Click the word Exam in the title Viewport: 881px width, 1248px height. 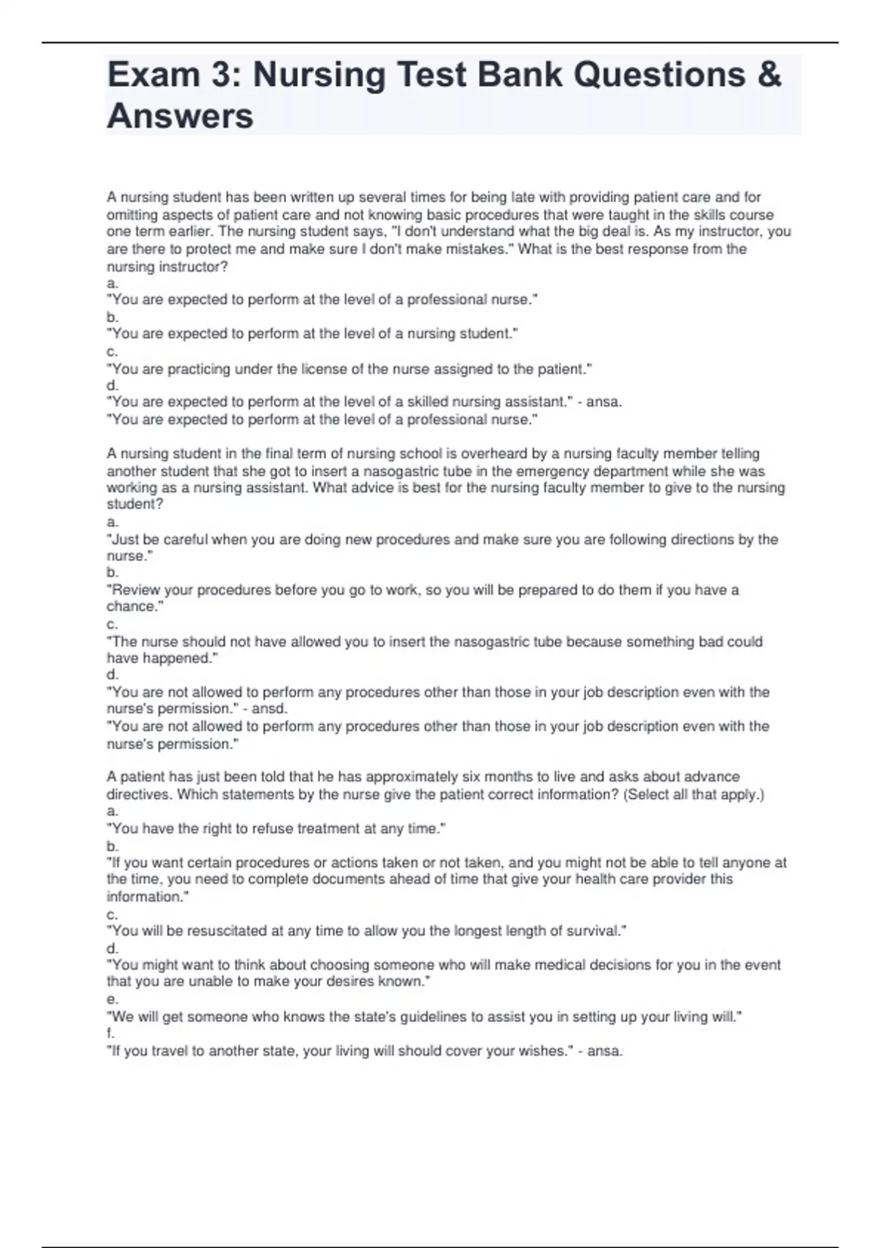(x=153, y=75)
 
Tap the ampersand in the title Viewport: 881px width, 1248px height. (x=769, y=75)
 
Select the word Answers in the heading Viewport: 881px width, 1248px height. (x=181, y=116)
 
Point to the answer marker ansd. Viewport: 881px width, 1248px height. (x=269, y=708)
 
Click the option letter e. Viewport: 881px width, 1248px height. (x=111, y=999)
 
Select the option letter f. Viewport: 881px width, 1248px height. (x=109, y=1034)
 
